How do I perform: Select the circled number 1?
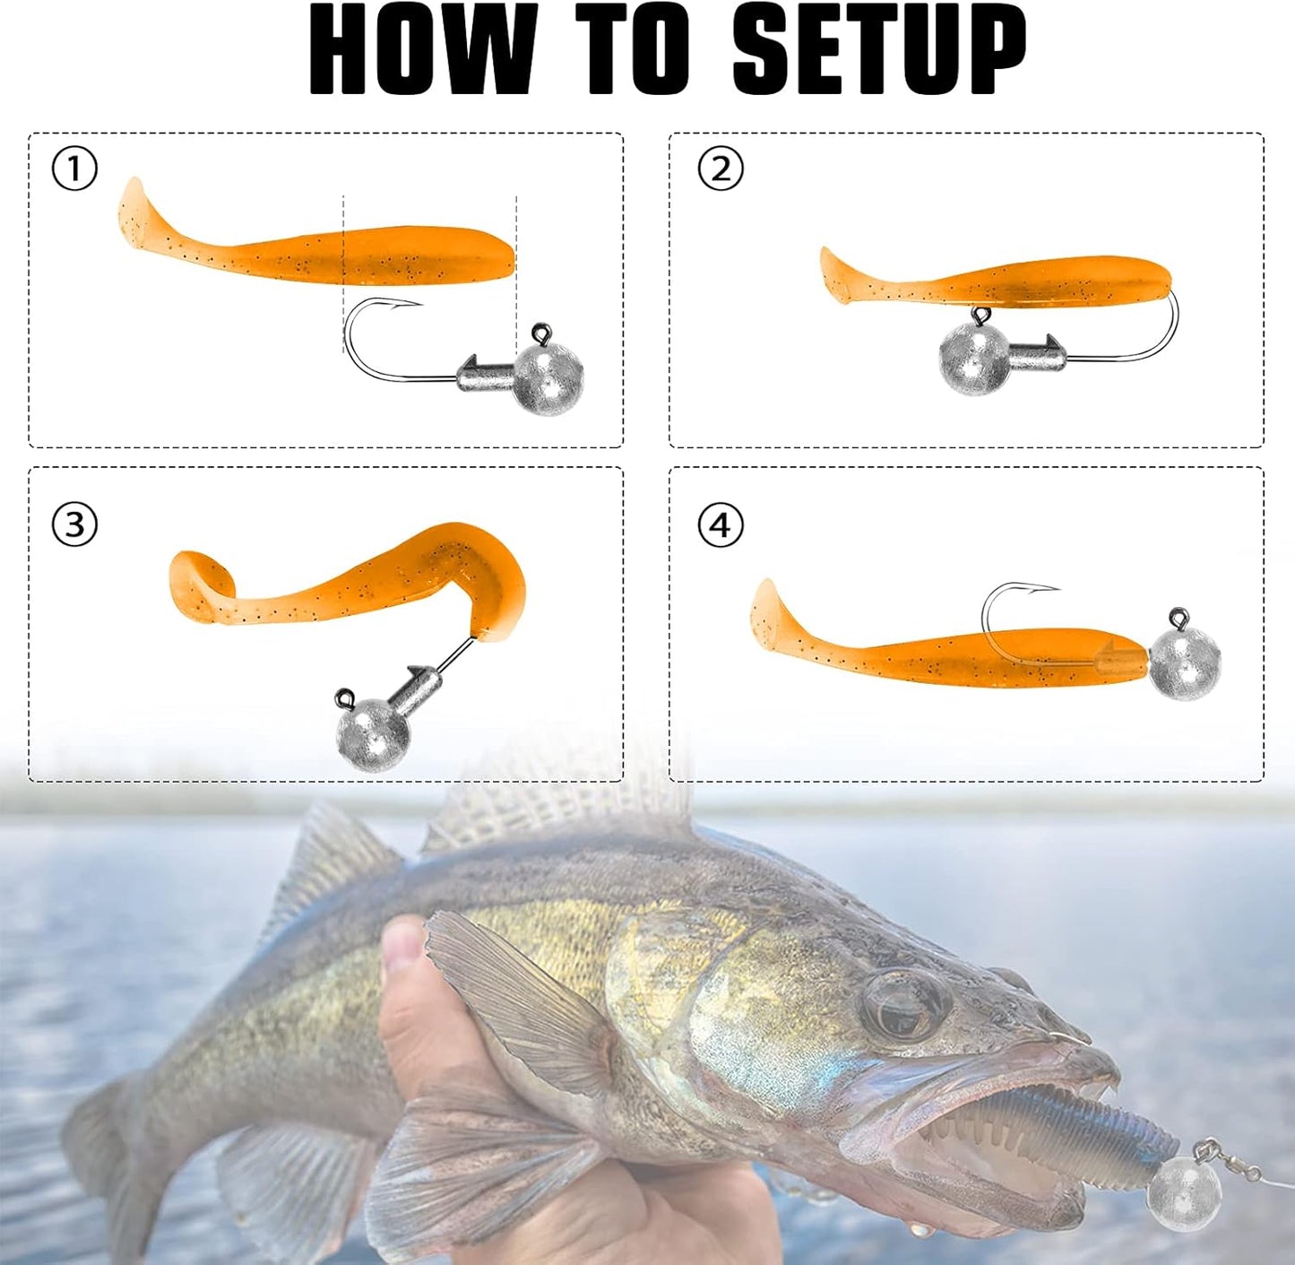pos(74,169)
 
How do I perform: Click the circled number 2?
pos(721,169)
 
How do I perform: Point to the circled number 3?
pos(74,524)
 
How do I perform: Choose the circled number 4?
pos(721,524)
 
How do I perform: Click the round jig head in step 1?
pos(548,379)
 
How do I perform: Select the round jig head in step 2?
pos(974,360)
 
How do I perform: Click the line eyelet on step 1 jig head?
pos(541,334)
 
